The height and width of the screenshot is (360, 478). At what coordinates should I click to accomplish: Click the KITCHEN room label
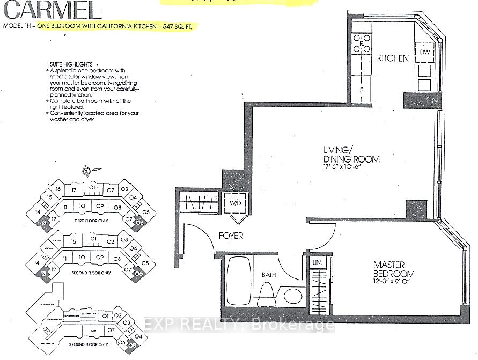pos(393,58)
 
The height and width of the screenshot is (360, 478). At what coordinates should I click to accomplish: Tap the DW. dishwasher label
pos(425,52)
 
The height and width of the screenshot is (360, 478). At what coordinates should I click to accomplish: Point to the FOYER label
pos(231,236)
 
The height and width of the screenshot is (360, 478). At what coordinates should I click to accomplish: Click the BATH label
pos(269,275)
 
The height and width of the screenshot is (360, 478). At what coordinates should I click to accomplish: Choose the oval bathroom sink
pos(292,296)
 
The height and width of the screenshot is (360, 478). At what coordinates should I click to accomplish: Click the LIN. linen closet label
pos(318,263)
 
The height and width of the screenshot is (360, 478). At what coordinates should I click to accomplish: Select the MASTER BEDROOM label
pos(394,269)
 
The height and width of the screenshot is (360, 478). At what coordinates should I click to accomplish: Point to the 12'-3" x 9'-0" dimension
pos(394,283)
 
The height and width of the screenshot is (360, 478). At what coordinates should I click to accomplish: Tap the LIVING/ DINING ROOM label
pos(351,155)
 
